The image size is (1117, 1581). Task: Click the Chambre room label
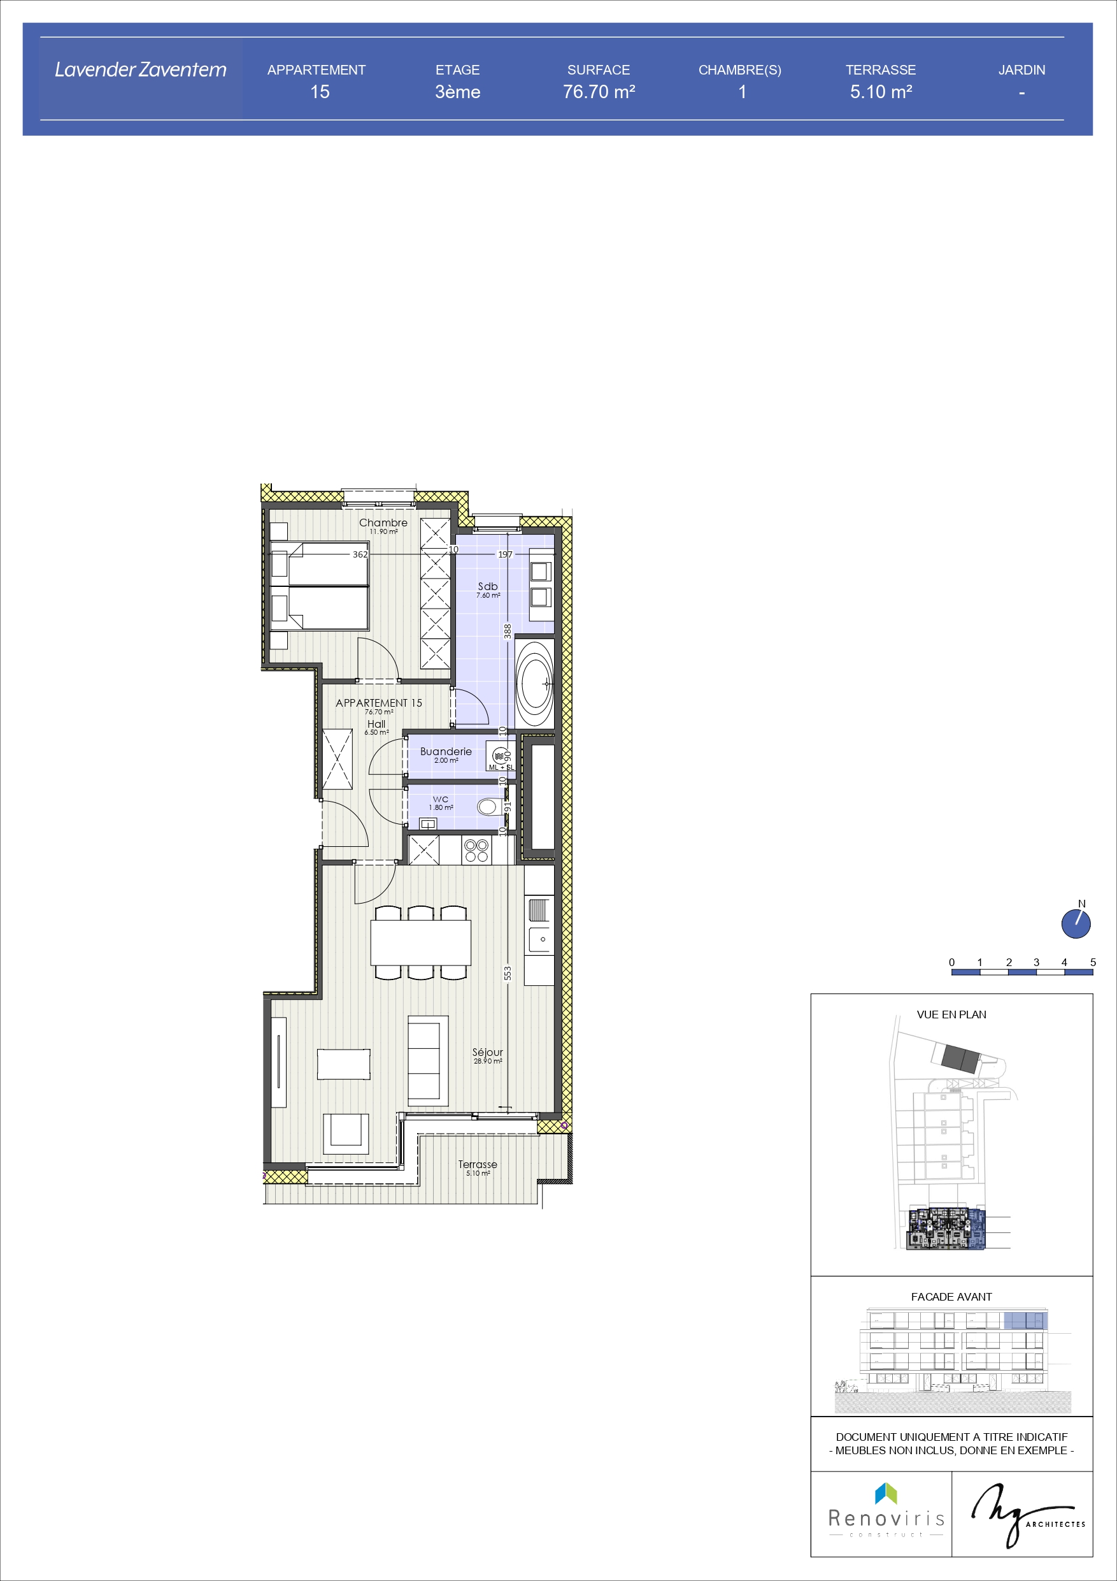(x=383, y=523)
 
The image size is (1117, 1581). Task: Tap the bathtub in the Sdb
(x=535, y=682)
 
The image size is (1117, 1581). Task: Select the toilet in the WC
(x=488, y=806)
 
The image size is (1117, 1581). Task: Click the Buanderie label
(x=446, y=751)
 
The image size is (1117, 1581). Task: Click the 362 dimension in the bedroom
(x=360, y=554)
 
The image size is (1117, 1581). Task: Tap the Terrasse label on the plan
(x=478, y=1164)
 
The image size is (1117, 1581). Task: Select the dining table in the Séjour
(x=420, y=942)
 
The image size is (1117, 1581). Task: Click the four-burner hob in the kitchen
(x=476, y=851)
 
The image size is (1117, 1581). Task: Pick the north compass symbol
(x=1076, y=923)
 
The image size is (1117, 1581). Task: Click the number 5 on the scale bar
(x=1092, y=962)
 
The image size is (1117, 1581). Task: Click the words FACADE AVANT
(x=951, y=1297)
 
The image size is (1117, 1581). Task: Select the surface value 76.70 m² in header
(x=599, y=92)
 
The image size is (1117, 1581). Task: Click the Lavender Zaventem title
(x=140, y=69)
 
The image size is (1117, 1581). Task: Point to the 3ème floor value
(x=458, y=92)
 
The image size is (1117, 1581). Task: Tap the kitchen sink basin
(x=539, y=939)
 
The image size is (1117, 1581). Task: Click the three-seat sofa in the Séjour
(x=428, y=1060)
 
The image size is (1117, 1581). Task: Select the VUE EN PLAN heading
(x=951, y=1014)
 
